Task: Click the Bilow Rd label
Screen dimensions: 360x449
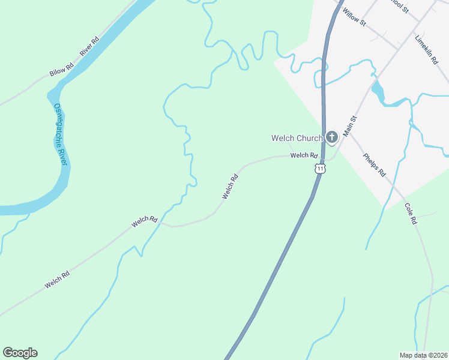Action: click(61, 69)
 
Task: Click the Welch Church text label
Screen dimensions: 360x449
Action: click(297, 138)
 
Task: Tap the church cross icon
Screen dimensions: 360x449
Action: click(332, 138)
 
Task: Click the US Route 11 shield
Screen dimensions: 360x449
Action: click(321, 169)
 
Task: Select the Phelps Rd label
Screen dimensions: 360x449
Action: click(375, 165)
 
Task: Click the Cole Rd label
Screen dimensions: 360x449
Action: click(411, 214)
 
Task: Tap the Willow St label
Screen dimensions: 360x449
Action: click(354, 16)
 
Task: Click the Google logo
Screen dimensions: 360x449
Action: click(20, 353)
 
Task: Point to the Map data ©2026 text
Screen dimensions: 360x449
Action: click(424, 355)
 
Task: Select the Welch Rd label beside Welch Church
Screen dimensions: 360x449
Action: click(303, 155)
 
